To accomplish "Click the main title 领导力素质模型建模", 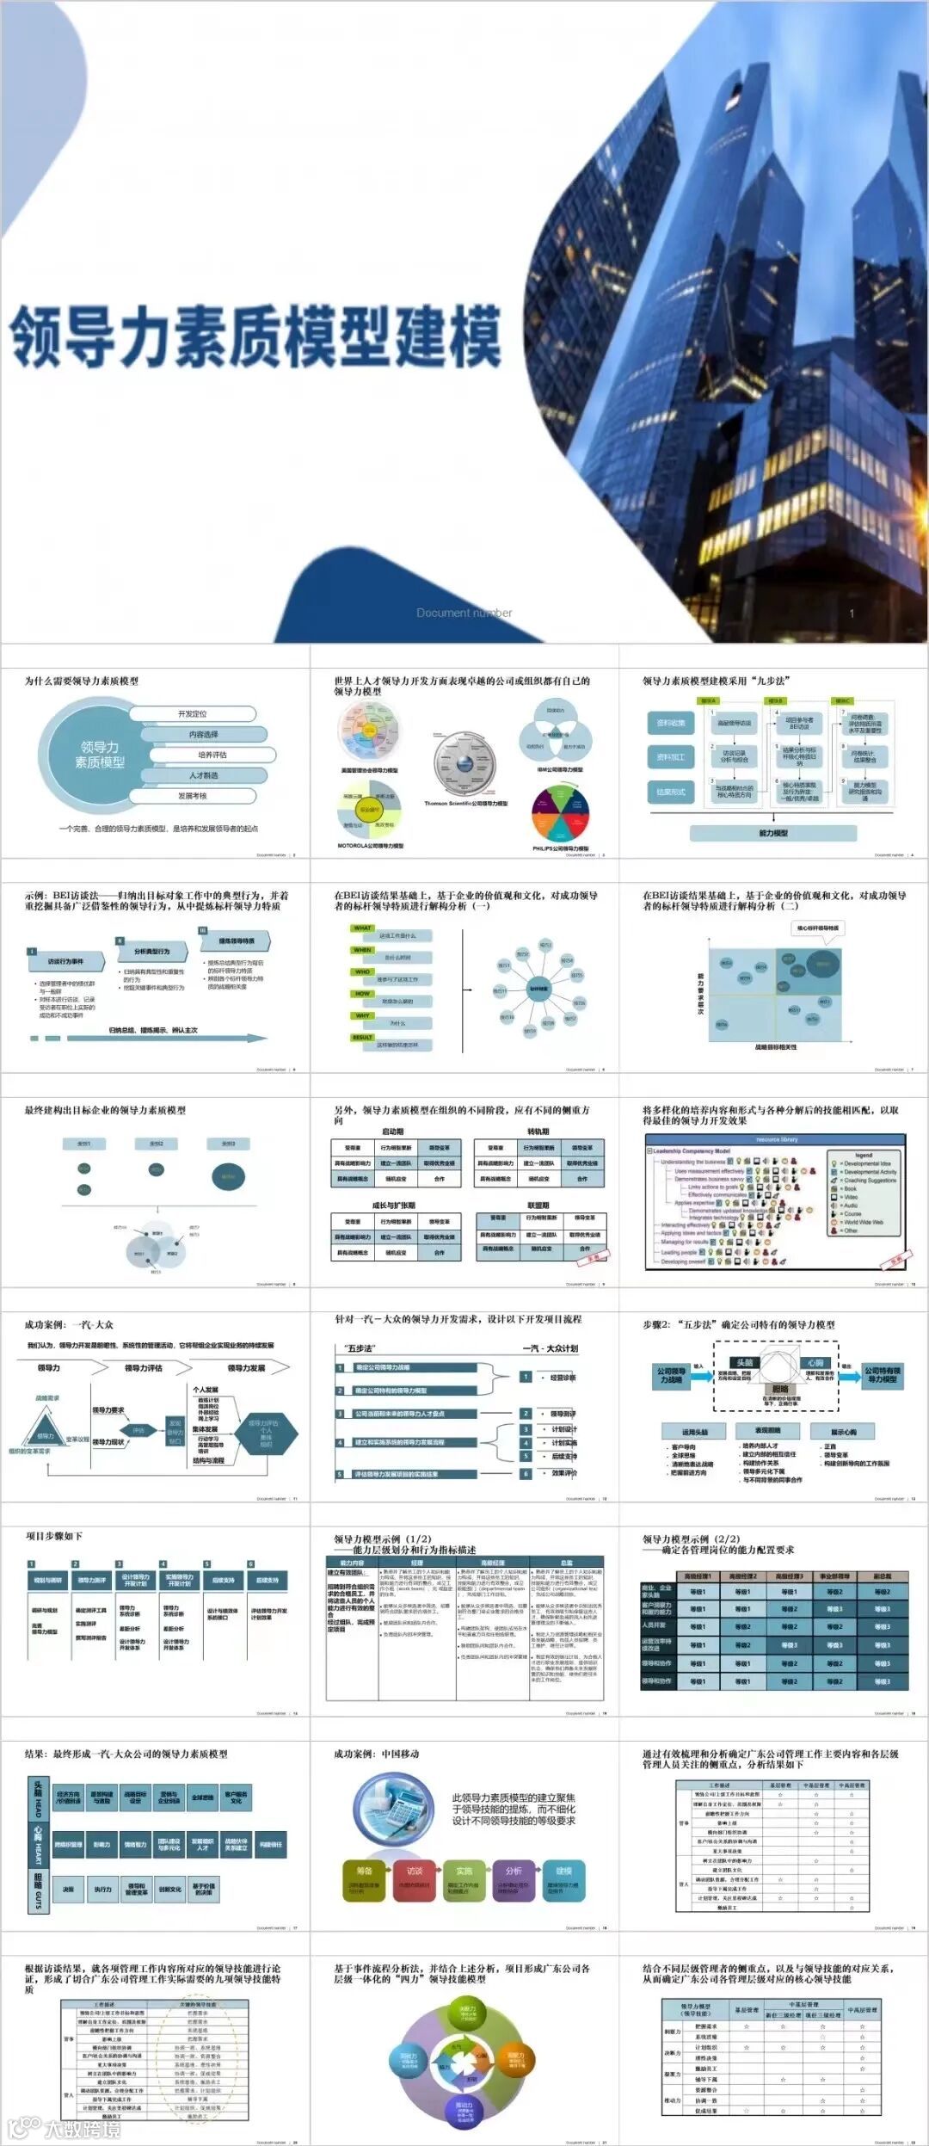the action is (255, 336).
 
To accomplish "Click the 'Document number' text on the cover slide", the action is (464, 613).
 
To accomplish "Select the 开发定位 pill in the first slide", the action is (193, 713).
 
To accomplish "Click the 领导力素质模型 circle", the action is (100, 755).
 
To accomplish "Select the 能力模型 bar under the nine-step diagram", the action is (772, 833).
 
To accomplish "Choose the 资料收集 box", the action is (670, 723).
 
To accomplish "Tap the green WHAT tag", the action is (362, 928).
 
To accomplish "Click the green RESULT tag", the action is (362, 1037).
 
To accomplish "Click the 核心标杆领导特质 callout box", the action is (817, 928).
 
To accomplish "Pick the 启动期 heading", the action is (392, 1132).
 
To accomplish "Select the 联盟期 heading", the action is (538, 1206).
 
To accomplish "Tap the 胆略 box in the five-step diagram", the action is (779, 1389).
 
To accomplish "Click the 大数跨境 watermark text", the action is (82, 2129).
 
